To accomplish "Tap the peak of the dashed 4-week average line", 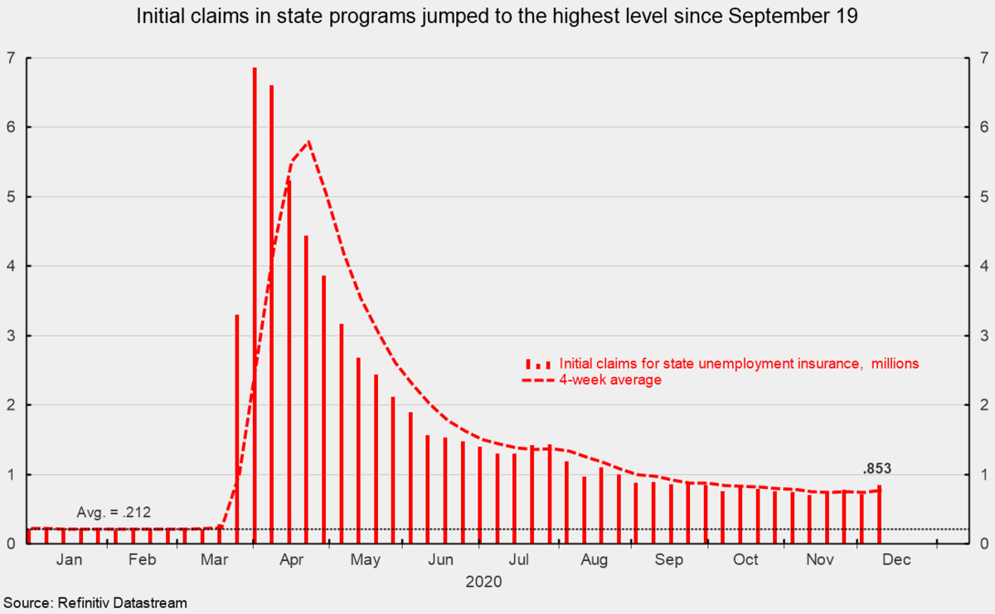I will [309, 142].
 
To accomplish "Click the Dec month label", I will [896, 560].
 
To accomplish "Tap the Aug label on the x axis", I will [595, 560].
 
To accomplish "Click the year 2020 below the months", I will [483, 582].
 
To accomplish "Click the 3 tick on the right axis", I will [983, 336].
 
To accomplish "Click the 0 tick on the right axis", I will [983, 544].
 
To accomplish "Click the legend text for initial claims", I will [739, 364].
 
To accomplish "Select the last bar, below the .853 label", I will [879, 515].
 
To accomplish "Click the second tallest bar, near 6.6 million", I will [272, 314].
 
